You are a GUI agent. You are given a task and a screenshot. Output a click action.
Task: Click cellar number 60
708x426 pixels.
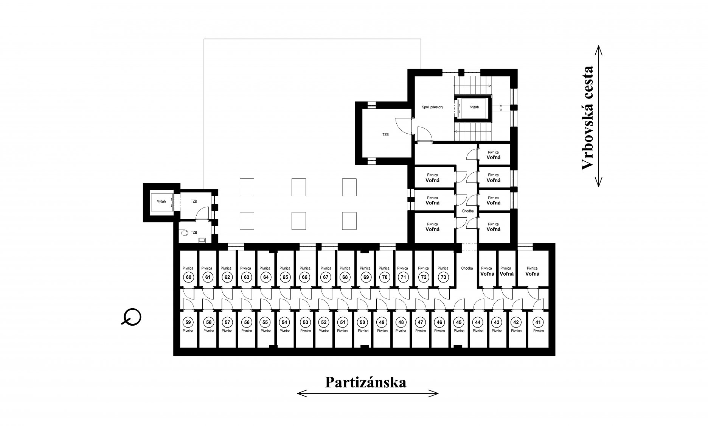(188, 277)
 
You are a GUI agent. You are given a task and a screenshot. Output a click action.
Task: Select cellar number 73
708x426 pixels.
(443, 277)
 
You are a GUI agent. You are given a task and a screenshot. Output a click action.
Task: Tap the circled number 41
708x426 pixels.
(537, 322)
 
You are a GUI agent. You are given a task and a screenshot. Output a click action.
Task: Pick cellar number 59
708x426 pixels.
(188, 322)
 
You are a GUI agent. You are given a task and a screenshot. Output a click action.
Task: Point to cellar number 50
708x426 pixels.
(363, 322)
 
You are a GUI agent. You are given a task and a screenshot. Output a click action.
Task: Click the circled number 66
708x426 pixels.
(305, 277)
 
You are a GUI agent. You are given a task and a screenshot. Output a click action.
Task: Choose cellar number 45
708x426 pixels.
(459, 322)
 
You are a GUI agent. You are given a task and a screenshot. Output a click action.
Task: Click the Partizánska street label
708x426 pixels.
(366, 382)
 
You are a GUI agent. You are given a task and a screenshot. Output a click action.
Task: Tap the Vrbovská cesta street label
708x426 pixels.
(587, 118)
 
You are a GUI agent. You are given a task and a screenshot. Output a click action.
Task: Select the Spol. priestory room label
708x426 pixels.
(432, 107)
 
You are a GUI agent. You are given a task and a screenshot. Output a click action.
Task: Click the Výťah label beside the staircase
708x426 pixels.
(474, 107)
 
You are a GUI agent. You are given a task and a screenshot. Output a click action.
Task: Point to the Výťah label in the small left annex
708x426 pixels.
(161, 201)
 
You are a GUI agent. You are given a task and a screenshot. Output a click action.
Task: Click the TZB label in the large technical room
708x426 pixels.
(385, 134)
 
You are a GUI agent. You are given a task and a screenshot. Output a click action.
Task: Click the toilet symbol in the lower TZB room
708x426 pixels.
(184, 233)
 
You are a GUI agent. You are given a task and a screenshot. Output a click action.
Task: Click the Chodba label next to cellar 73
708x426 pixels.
(467, 268)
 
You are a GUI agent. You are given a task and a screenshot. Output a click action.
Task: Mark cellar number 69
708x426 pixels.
(365, 277)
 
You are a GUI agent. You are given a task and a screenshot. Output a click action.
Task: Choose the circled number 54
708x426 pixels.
(285, 322)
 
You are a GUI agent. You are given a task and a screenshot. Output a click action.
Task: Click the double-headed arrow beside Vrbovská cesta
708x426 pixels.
(598, 116)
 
